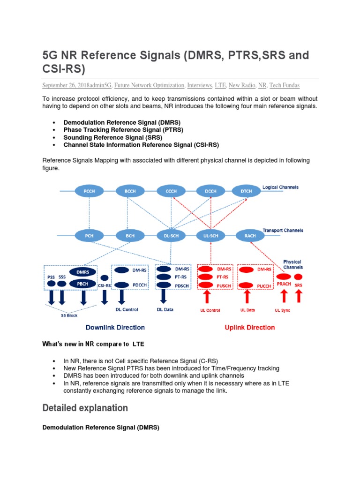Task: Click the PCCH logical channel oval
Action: click(x=89, y=191)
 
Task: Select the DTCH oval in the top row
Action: click(x=247, y=191)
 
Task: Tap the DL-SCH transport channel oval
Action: click(x=168, y=235)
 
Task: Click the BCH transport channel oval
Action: click(x=128, y=235)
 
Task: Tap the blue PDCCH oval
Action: click(x=121, y=285)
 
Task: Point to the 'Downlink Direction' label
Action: click(x=115, y=327)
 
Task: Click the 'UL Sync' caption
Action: click(x=283, y=310)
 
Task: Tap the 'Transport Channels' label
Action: click(x=283, y=231)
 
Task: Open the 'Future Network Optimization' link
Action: click(x=149, y=85)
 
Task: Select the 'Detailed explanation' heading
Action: click(x=85, y=408)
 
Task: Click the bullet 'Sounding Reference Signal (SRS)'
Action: click(x=112, y=137)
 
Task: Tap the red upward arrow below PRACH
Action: click(x=283, y=297)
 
